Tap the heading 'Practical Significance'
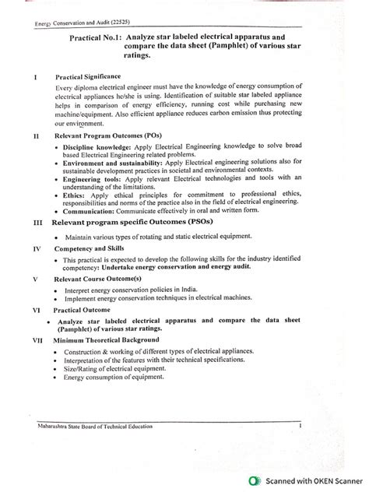tap(87, 77)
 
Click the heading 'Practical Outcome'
tap(83, 309)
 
